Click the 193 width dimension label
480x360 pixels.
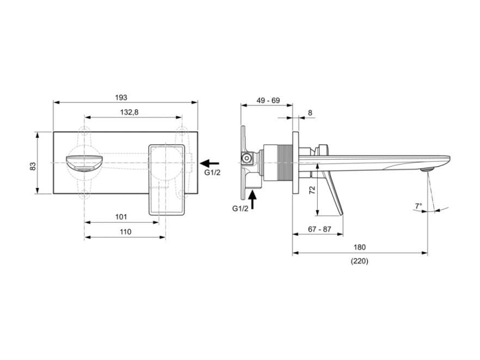121,97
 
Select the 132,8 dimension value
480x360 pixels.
129,112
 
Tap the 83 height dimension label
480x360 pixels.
33,166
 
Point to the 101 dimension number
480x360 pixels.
121,217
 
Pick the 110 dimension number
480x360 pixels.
125,231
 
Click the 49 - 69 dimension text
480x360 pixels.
268,101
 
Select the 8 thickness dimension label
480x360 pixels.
310,113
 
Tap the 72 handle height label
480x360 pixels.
312,190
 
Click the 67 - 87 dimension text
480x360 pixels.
319,229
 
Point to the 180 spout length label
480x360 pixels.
360,247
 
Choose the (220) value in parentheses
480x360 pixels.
359,261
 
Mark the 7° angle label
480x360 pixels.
419,205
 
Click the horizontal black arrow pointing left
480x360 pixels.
210,163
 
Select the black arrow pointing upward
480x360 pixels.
253,199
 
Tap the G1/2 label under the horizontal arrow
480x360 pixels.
212,173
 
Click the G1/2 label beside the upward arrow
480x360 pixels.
241,209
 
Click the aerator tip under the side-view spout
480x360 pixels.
427,169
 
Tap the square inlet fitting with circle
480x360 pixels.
246,158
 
